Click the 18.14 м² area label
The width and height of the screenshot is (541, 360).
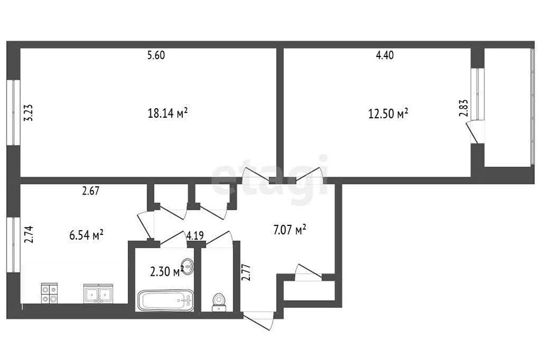168,113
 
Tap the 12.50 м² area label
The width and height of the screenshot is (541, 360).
388,114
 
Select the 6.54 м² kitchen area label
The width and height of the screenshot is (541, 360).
87,235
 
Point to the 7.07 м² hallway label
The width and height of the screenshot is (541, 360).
290,230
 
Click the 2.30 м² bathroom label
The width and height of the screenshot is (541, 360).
167,272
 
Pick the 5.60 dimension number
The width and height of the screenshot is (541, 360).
156,55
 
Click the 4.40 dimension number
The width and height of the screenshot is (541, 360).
385,55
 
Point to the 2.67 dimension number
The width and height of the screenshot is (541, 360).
91,191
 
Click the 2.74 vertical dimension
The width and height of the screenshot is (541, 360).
28,234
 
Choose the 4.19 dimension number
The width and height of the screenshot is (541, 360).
195,236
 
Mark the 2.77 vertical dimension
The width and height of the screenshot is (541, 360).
246,272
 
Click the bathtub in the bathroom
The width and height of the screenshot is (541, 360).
166,301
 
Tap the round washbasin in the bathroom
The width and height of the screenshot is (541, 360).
188,266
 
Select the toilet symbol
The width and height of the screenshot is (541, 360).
218,302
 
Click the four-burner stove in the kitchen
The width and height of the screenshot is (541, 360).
49,293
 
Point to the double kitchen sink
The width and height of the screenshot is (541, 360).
99,294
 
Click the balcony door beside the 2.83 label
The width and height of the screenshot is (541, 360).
472,132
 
